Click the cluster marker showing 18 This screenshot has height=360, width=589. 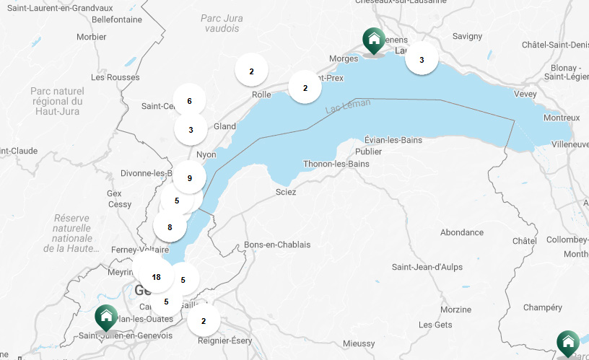tap(156, 277)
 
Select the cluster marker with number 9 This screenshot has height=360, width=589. tap(189, 178)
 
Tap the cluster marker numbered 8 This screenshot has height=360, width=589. tap(170, 227)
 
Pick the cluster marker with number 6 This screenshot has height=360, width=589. tap(189, 101)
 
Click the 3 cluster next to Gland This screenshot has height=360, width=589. tap(191, 130)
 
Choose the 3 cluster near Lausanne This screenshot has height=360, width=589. tap(422, 60)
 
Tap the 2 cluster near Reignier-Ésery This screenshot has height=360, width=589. tap(204, 321)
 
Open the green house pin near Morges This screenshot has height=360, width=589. tap(373, 41)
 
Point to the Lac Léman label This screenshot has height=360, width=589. tap(347, 106)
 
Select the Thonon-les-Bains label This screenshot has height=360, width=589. tap(336, 164)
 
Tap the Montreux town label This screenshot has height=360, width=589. tap(561, 118)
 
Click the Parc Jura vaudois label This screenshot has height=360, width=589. tap(221, 23)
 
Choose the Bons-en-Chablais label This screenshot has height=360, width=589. tap(277, 245)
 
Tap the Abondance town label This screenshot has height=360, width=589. tap(461, 232)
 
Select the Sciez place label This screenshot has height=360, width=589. tap(286, 192)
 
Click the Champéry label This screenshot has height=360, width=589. tap(542, 307)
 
